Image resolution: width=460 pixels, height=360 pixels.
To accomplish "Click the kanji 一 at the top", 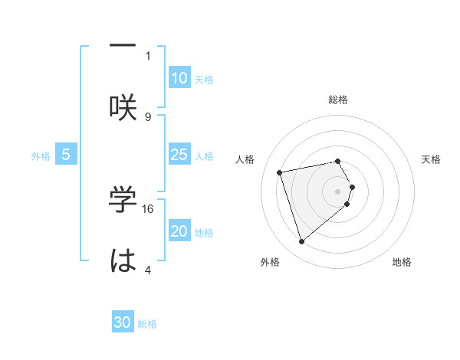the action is [x=123, y=45].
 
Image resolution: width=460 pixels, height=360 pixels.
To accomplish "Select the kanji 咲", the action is [x=123, y=106].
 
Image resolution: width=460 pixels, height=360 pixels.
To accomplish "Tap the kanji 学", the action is [x=123, y=198].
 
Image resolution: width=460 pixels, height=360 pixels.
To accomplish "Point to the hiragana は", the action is [x=123, y=260].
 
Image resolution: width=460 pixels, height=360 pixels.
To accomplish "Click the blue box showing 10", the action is [x=179, y=78].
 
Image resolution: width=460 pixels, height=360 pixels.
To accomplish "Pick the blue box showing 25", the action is [x=179, y=155].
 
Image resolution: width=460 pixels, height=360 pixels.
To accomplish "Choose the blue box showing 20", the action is [x=179, y=231].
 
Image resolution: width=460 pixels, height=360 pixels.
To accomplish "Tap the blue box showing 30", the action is [x=123, y=322].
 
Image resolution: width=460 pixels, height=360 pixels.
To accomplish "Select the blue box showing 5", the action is [x=66, y=155].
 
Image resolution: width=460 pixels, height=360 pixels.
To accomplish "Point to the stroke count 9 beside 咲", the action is [x=148, y=116].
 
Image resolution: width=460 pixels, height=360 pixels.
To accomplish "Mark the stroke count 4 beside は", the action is [x=148, y=270].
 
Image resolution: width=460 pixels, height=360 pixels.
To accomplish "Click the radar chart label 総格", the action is [x=338, y=100].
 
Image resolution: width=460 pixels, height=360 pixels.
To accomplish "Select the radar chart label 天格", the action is [x=431, y=159].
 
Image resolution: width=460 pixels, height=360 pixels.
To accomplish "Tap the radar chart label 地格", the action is [x=402, y=262].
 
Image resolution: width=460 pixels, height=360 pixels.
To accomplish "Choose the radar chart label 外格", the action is [x=270, y=262].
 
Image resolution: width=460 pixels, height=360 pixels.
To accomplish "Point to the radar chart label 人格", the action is [x=245, y=159].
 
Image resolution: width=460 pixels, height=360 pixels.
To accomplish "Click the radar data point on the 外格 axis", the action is [x=301, y=242].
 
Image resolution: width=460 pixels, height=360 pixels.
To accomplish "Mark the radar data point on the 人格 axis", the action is [x=280, y=172].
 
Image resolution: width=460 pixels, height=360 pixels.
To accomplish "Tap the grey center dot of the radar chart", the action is [x=338, y=191].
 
